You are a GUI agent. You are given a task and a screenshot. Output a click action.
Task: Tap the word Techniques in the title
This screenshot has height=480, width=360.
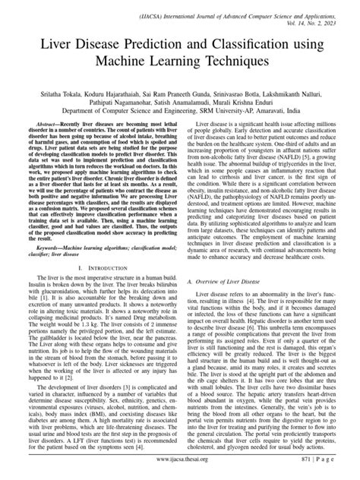click(245, 69)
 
